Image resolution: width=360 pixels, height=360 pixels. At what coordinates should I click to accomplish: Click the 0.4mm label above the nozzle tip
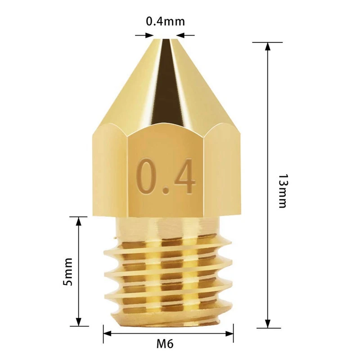[165, 21]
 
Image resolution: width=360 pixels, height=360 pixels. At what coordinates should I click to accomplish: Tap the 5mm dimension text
[68, 271]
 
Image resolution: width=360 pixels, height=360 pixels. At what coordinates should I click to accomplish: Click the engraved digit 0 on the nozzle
[147, 175]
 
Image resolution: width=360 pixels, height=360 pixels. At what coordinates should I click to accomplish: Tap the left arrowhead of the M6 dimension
[108, 334]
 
